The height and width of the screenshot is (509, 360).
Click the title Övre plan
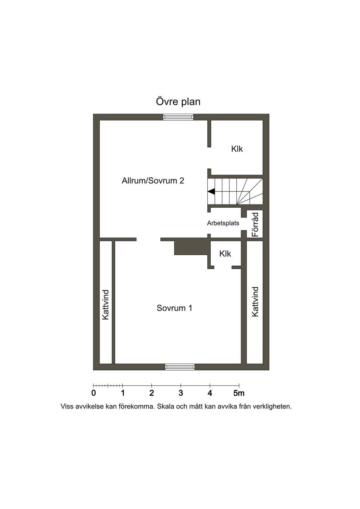pyautogui.click(x=178, y=102)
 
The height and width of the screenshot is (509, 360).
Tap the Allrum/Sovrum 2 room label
pyautogui.click(x=153, y=181)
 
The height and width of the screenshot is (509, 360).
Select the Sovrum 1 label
pyautogui.click(x=174, y=308)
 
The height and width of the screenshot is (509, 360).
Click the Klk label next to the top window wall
pyautogui.click(x=237, y=149)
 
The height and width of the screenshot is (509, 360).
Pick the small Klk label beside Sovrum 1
pyautogui.click(x=225, y=253)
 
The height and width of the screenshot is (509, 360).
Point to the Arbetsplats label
pyautogui.click(x=223, y=223)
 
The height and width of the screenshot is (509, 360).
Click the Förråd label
pyautogui.click(x=256, y=224)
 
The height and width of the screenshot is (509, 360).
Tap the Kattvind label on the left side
pyautogui.click(x=105, y=305)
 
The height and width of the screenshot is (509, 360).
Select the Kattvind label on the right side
pyautogui.click(x=255, y=302)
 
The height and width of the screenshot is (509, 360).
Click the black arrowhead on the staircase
pyautogui.click(x=211, y=191)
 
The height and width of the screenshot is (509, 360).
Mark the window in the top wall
pyautogui.click(x=178, y=117)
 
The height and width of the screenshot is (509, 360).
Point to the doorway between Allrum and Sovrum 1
pyautogui.click(x=148, y=239)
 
